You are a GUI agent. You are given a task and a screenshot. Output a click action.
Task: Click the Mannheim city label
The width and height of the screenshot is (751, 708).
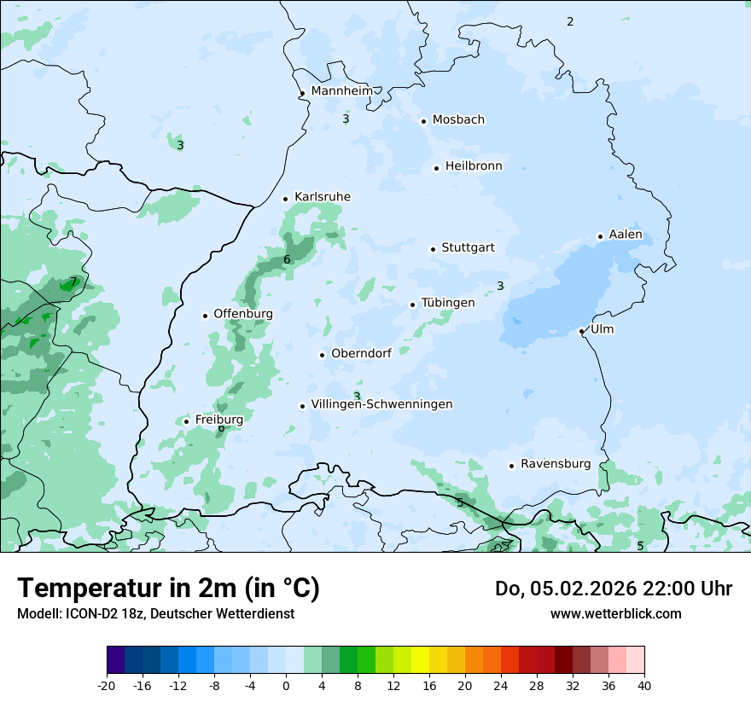tap(341, 90)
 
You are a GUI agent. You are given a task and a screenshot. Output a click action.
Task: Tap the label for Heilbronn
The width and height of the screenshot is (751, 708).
tap(474, 166)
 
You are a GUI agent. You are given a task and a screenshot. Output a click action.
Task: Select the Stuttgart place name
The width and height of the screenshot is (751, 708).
tap(468, 248)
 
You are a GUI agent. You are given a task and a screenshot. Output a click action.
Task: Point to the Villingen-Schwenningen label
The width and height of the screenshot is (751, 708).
tap(381, 404)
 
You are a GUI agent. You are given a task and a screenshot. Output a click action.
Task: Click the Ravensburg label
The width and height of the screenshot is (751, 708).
tap(556, 464)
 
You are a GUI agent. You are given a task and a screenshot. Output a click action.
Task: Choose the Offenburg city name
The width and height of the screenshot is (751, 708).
tap(243, 314)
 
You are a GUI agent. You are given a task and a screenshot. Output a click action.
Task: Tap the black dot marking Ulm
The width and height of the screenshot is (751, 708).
tap(581, 331)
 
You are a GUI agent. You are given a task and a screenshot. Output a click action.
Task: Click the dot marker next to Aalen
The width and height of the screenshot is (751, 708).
tap(600, 236)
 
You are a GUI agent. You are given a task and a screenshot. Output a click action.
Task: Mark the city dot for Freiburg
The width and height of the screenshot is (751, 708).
tap(186, 421)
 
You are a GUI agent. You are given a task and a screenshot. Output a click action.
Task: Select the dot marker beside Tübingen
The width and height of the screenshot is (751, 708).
tap(412, 305)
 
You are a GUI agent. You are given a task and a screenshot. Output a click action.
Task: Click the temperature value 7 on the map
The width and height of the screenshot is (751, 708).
tap(73, 281)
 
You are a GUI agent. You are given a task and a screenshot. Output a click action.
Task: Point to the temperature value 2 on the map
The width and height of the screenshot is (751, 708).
tap(570, 21)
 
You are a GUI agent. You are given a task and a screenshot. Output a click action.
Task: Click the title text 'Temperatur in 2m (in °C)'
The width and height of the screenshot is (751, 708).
tap(168, 589)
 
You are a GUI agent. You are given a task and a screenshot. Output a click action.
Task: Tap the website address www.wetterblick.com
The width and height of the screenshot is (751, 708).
tap(615, 613)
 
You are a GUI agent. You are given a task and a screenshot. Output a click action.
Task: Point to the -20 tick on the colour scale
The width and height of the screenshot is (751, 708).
tap(107, 685)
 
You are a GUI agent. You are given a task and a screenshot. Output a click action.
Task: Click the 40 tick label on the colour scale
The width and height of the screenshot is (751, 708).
tap(644, 685)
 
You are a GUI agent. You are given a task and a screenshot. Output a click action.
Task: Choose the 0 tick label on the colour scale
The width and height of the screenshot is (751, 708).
tap(286, 685)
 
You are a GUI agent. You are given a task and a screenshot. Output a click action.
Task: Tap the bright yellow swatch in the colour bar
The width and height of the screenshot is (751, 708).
tap(420, 660)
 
